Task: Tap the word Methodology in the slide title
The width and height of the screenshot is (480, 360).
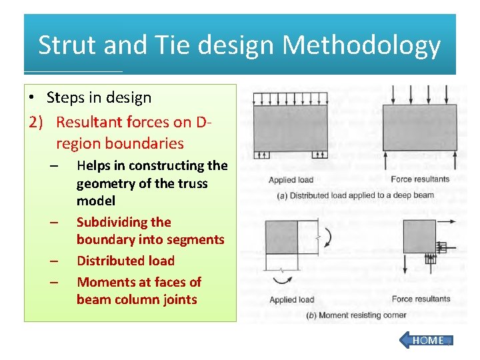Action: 361,45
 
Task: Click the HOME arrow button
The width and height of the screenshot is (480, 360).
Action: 426,340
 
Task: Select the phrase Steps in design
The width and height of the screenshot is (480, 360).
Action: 99,97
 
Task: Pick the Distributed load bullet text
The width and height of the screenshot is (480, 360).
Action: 125,261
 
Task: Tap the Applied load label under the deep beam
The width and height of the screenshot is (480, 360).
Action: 291,180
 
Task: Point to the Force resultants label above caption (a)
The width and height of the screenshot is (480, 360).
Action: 420,179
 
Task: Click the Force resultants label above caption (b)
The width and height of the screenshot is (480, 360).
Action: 420,299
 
